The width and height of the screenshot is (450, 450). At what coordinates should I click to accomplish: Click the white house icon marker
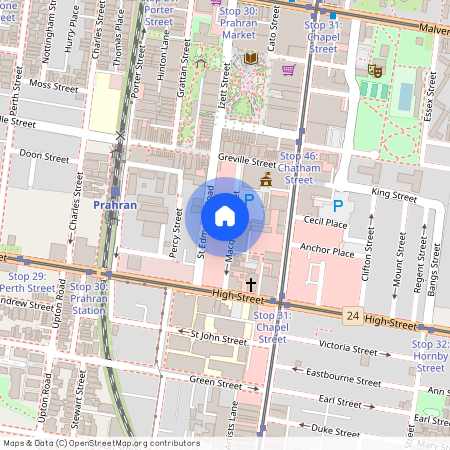tap(225, 215)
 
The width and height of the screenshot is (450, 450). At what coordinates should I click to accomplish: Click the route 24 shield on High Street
tap(352, 315)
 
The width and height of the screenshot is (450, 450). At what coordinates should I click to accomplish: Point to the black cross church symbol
tap(250, 285)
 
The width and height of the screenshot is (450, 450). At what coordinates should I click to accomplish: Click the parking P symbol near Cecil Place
tap(337, 205)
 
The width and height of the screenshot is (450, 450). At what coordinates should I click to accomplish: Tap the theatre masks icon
tap(375, 69)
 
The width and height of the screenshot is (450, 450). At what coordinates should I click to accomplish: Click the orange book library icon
tap(250, 58)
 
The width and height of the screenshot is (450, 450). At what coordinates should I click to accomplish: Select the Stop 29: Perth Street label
tap(27, 281)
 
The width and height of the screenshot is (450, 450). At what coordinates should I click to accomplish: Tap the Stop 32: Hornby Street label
tap(431, 350)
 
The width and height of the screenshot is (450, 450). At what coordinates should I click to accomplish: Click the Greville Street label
tap(246, 160)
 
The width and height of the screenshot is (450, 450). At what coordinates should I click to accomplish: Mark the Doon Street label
tap(44, 157)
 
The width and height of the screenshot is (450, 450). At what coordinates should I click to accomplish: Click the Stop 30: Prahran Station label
tap(89, 298)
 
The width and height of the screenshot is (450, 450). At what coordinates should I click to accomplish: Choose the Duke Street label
tap(335, 428)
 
